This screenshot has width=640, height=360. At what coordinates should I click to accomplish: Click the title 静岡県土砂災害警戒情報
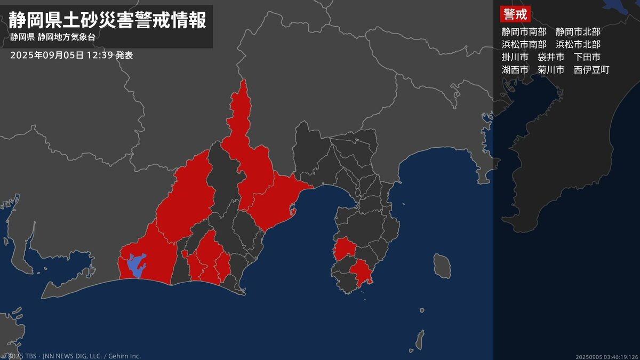(x=107, y=21)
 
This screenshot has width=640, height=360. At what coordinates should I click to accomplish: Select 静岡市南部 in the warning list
(x=524, y=31)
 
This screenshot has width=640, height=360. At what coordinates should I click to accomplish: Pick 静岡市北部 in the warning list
(x=578, y=31)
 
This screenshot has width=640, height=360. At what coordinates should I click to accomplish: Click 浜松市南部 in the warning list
(x=524, y=44)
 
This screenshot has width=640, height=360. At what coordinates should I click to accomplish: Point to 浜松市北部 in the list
(x=578, y=44)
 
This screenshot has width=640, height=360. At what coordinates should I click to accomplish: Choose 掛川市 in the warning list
(x=515, y=57)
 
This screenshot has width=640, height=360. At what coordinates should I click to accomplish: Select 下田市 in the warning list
(x=587, y=57)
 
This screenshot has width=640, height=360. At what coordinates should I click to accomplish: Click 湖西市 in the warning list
(x=515, y=70)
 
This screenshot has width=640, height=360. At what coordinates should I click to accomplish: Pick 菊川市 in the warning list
(x=551, y=70)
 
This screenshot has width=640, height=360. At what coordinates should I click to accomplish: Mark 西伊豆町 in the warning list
(x=591, y=70)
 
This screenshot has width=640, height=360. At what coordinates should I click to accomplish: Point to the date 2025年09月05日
(x=47, y=55)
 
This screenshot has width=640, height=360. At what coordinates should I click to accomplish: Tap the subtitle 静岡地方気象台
(x=66, y=38)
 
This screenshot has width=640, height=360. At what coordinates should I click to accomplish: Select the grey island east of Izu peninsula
(x=441, y=265)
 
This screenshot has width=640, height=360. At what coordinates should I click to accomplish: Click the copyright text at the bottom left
(x=72, y=356)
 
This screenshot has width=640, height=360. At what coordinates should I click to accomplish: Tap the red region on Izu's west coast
(x=345, y=248)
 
